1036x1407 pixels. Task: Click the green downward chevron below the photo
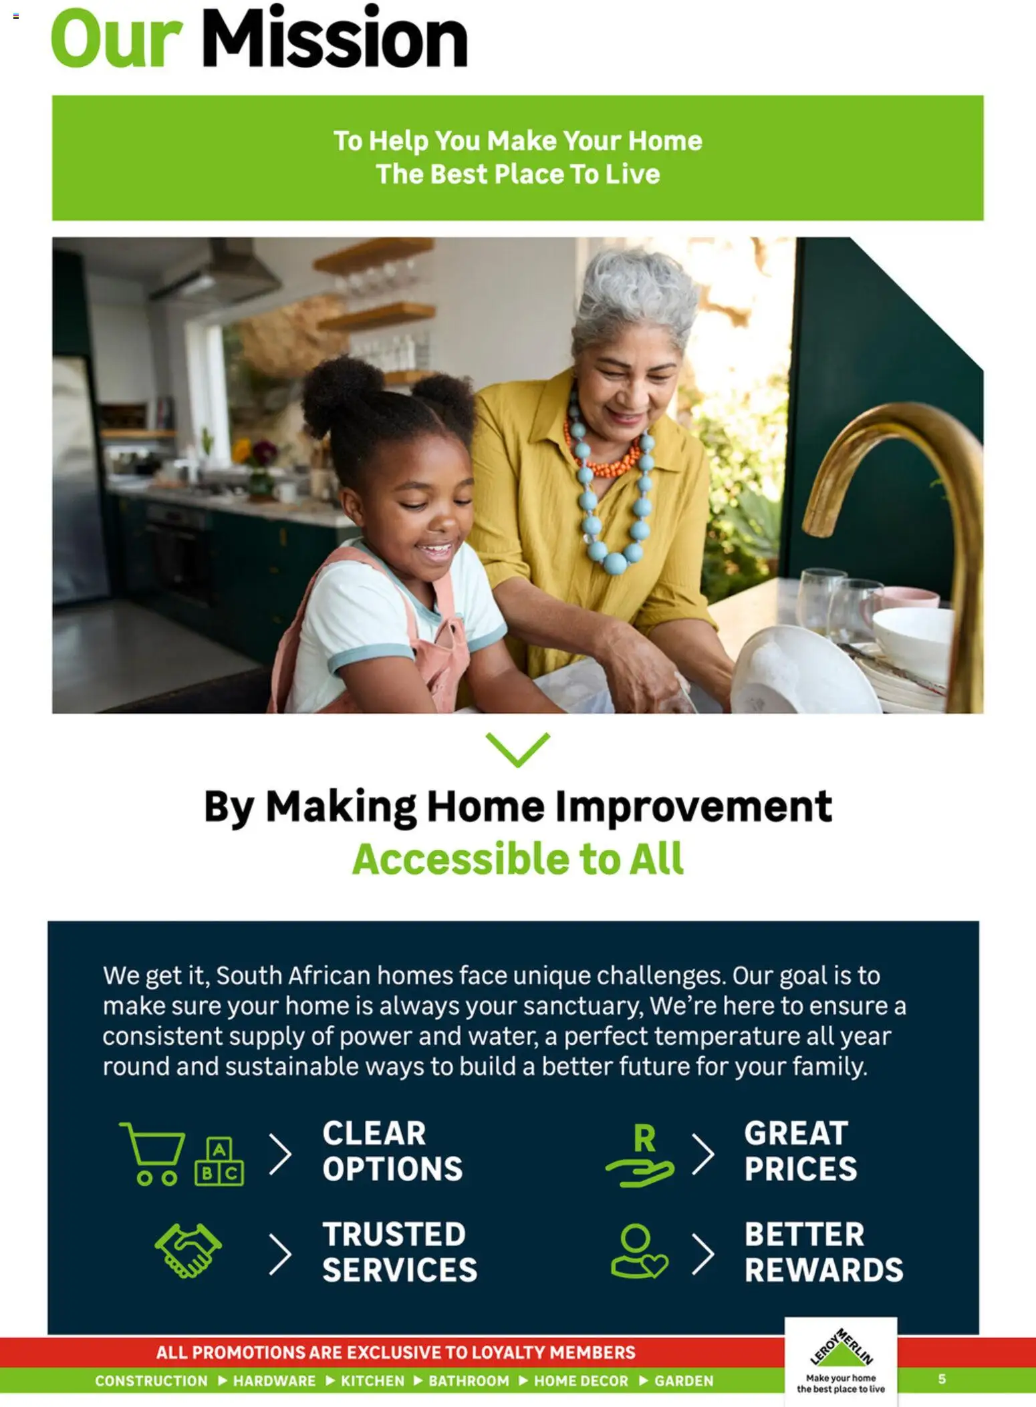pyautogui.click(x=518, y=749)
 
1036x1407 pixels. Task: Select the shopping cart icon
pyautogui.click(x=152, y=1153)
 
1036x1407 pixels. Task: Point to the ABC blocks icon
pyautogui.click(x=219, y=1162)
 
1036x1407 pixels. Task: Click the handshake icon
pyautogui.click(x=188, y=1251)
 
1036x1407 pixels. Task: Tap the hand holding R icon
pyautogui.click(x=640, y=1155)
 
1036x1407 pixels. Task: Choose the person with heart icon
pyautogui.click(x=639, y=1251)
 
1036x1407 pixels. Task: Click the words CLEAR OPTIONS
pyautogui.click(x=392, y=1151)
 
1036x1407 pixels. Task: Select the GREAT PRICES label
pyautogui.click(x=801, y=1151)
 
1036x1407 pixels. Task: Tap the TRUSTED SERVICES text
pyautogui.click(x=400, y=1252)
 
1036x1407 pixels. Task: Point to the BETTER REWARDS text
pyautogui.click(x=823, y=1252)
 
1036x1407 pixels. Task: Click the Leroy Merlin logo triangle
pyautogui.click(x=841, y=1350)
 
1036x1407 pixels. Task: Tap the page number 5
pyautogui.click(x=942, y=1379)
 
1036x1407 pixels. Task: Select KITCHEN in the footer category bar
pyautogui.click(x=372, y=1381)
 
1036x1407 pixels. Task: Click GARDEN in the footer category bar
pyautogui.click(x=684, y=1381)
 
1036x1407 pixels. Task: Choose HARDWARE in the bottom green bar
pyautogui.click(x=274, y=1381)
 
